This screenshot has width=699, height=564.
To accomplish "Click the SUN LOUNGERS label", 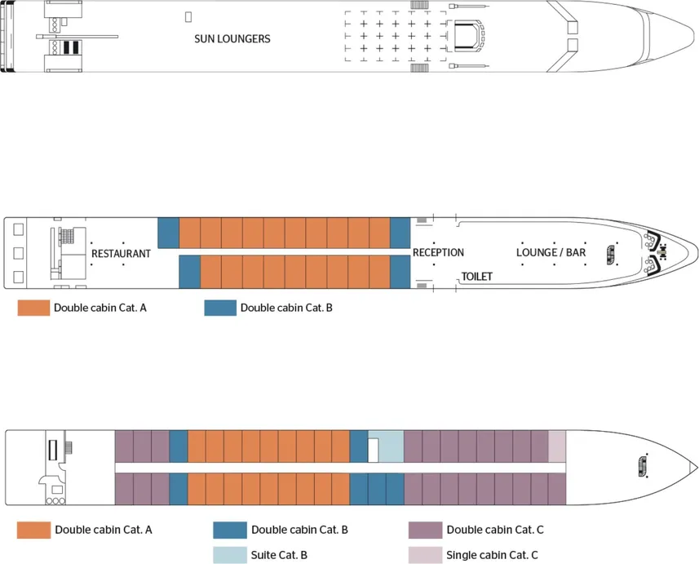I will click(232, 39).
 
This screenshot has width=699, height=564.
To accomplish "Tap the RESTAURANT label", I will click(121, 254).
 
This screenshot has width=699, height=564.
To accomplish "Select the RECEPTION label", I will click(438, 253).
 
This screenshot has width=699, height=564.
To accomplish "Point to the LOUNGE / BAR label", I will click(551, 253).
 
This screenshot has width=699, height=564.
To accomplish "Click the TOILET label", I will click(477, 277).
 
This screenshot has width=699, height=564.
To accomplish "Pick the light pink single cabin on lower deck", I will click(557, 446).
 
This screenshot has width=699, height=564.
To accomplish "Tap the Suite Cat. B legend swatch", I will click(236, 555).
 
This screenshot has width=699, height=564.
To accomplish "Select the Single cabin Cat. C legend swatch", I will click(425, 555).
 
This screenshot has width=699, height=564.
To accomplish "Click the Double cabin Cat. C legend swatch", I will click(425, 531).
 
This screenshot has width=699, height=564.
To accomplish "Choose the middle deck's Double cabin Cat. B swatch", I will click(219, 309).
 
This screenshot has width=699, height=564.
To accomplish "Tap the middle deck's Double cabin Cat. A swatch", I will click(33, 309).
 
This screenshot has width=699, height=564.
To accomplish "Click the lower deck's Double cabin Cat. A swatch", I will click(33, 531).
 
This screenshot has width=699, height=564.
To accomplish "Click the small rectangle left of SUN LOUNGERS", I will click(188, 16).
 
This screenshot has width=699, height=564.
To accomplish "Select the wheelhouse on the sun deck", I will click(467, 36).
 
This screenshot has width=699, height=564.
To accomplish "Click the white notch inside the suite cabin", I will click(373, 450).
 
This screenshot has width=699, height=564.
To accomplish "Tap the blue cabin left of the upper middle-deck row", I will click(168, 233).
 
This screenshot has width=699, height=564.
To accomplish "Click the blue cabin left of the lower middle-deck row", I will click(189, 271).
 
